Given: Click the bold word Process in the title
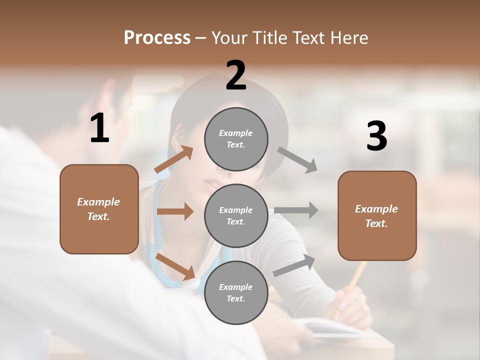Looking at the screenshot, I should [x=157, y=38].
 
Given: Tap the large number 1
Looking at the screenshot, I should [x=99, y=128].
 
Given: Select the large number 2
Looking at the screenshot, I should [x=236, y=75].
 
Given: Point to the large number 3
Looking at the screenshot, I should [x=376, y=137].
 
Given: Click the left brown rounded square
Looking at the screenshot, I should [x=99, y=209].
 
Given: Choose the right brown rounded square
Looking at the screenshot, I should [x=377, y=215].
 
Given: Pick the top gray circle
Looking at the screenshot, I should [x=236, y=139].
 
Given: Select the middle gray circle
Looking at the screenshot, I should [x=236, y=215].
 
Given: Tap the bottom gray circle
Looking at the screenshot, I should [x=236, y=292].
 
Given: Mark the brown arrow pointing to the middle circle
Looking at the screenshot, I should [x=175, y=211].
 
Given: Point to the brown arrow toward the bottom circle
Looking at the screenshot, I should [x=175, y=266].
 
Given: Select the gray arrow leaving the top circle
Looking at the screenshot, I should [x=297, y=159].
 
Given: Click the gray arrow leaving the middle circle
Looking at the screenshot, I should [x=296, y=210].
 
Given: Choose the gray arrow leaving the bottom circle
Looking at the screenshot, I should [x=294, y=265].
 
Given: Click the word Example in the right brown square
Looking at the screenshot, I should [x=376, y=209].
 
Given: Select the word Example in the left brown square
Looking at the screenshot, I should [x=98, y=202].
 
